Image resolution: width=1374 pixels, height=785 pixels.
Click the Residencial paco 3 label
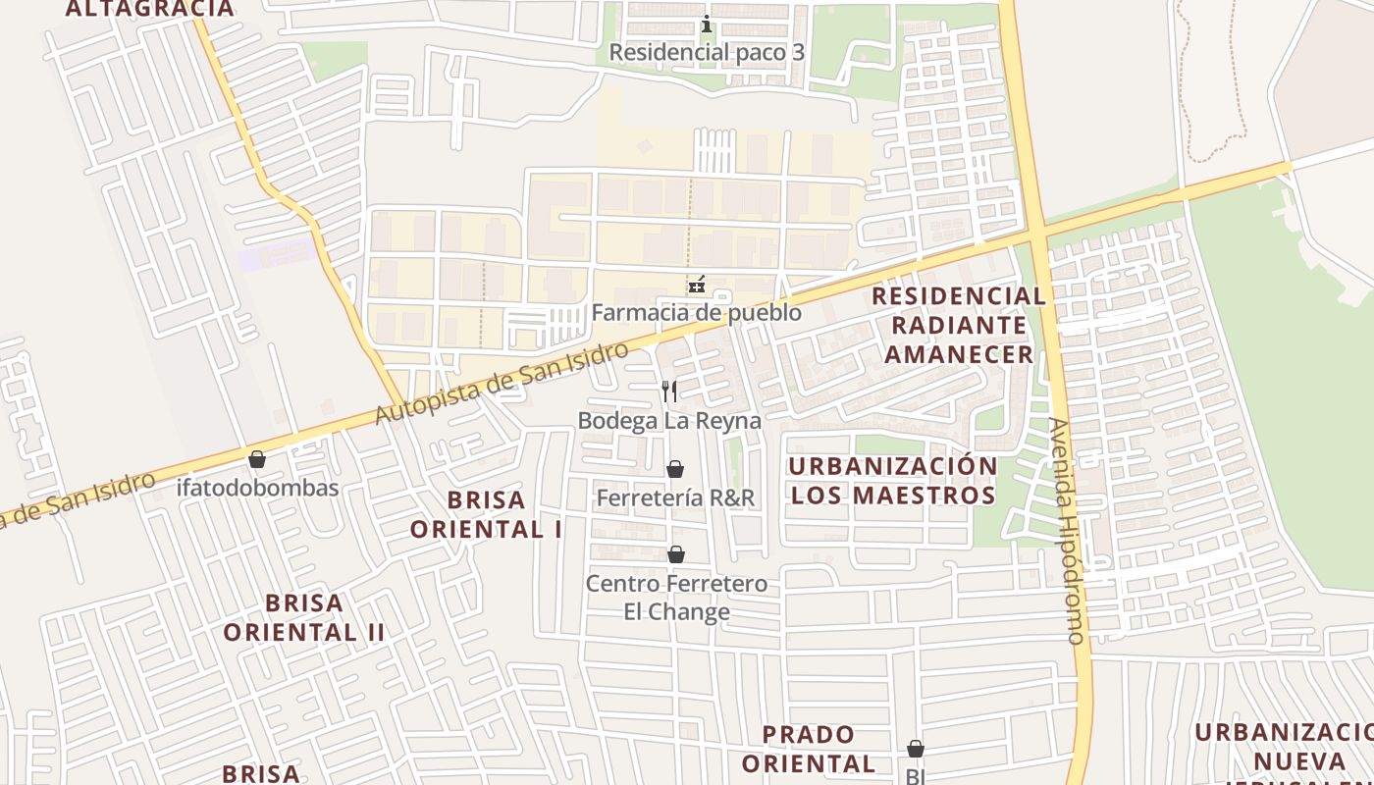707,52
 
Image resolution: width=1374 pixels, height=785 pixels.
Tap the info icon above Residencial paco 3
706,24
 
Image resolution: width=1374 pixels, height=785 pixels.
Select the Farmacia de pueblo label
696,313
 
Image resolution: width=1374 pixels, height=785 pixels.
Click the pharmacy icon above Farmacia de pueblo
696,285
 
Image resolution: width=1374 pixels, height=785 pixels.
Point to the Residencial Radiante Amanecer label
959,325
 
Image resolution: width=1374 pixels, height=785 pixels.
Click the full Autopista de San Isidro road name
501,384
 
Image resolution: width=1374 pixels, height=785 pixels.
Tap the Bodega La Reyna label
669,421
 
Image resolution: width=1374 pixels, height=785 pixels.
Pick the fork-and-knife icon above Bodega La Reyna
669,392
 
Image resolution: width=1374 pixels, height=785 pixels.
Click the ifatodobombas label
257,488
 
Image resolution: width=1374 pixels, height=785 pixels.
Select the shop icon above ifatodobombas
257,459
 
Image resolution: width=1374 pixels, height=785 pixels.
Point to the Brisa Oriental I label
486,514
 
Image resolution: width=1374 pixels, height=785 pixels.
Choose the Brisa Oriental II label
304,617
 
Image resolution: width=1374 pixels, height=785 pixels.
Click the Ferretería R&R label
675,497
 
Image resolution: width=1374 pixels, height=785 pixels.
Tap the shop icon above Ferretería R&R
675,469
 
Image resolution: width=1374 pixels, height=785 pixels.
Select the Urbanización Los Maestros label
893,480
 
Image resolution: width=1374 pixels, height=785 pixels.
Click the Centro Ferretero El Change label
676,598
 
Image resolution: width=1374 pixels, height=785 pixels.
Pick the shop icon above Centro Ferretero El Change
676,555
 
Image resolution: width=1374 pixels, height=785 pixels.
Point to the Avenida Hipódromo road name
1068,530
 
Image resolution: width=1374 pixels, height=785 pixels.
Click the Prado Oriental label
809,749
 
